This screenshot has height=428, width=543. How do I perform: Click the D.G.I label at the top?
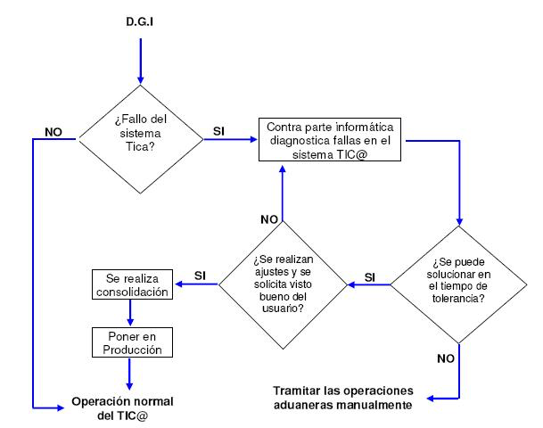[x=140, y=21]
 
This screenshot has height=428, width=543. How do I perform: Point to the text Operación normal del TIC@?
[x=122, y=408]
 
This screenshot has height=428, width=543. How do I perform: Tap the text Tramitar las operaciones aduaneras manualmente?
[x=343, y=398]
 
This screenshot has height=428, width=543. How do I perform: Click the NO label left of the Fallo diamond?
[x=53, y=132]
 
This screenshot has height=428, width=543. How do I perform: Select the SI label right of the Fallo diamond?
[x=218, y=131]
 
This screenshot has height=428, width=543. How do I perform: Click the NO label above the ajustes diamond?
[x=269, y=219]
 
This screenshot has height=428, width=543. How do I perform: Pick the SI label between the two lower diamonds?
[x=370, y=277]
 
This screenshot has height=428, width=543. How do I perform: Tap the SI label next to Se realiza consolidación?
[x=200, y=276]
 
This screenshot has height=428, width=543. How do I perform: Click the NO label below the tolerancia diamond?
[x=446, y=358]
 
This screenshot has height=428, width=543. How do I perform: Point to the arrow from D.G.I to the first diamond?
[x=141, y=62]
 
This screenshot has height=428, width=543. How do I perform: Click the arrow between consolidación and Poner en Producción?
[x=130, y=313]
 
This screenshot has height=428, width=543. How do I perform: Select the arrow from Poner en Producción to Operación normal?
[x=129, y=374]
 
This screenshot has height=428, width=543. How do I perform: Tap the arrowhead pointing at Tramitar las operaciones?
[x=431, y=399]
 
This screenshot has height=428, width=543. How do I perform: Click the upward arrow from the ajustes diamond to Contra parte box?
[x=283, y=193]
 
